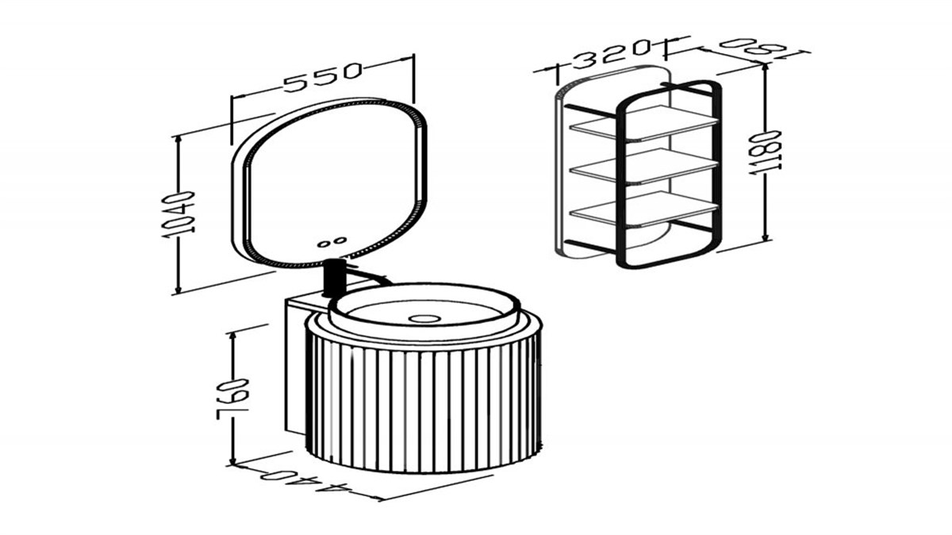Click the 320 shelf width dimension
(612, 54)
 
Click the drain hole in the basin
(424, 318)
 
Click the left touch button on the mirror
(324, 244)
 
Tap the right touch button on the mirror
(340, 241)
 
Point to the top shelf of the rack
(643, 122)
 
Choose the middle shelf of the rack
(643, 165)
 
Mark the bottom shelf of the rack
(643, 209)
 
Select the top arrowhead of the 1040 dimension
(178, 141)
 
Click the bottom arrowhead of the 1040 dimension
(178, 288)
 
